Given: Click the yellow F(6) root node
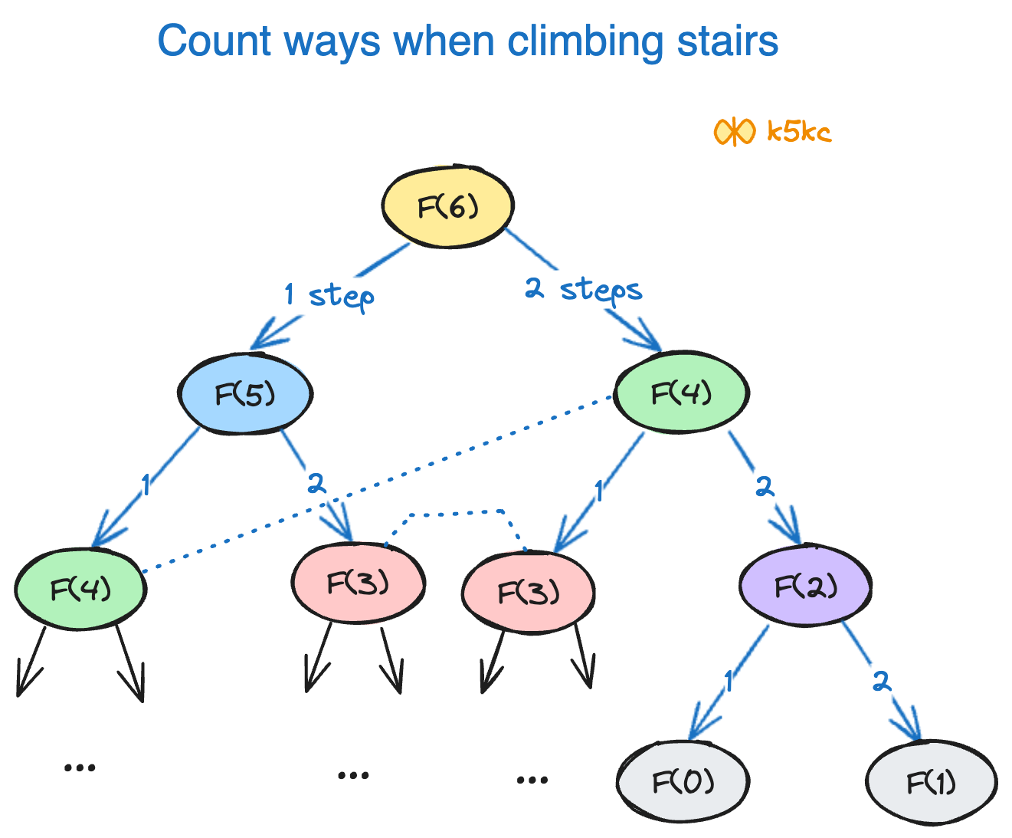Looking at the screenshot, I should (448, 206).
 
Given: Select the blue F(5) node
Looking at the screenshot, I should (245, 394).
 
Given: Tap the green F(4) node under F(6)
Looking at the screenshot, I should (681, 393).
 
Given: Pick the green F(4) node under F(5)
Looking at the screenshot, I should (80, 589).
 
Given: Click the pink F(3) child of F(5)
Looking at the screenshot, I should (358, 583).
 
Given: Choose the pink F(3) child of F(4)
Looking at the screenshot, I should (529, 592).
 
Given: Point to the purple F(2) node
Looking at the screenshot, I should (805, 587).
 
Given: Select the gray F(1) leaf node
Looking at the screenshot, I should (931, 783).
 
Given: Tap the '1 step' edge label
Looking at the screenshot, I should (329, 295).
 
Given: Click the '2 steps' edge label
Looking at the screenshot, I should (583, 291).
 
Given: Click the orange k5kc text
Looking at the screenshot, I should (799, 132).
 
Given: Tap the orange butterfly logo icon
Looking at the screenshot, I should (734, 132).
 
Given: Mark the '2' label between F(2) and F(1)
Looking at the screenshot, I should (881, 681).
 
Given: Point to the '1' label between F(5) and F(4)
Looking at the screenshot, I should (146, 485).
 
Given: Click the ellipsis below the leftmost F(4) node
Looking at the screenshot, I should (80, 767).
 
